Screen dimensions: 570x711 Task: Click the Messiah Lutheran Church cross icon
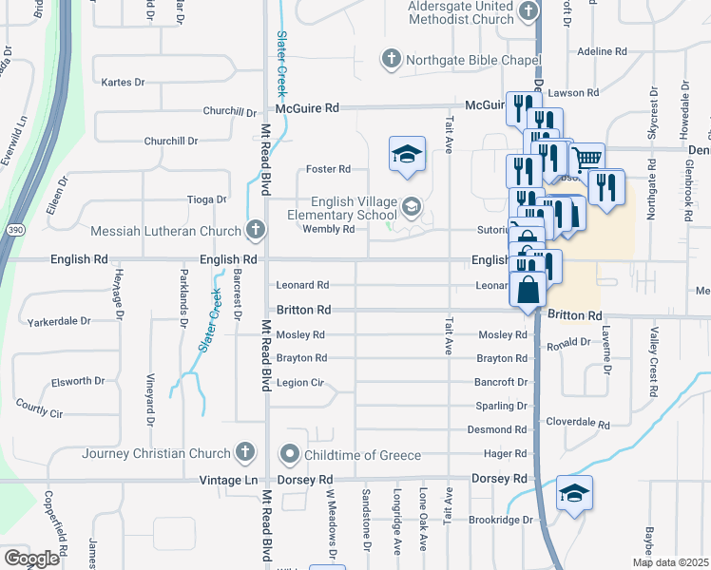255,230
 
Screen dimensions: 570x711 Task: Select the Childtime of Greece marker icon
290,455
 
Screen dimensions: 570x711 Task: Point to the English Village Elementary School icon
412,207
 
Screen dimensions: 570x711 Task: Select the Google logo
31,559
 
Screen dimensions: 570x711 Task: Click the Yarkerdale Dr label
60,321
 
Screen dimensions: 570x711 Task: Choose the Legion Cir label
300,383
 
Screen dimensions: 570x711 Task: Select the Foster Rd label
328,169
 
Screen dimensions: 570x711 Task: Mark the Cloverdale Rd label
578,421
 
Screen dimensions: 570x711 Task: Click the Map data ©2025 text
670,562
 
